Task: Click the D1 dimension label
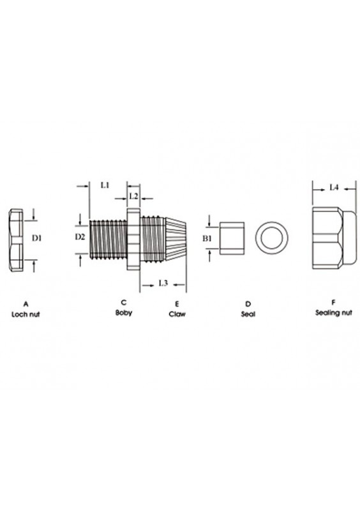coord(37,238)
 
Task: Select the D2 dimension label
coord(79,237)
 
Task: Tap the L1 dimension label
coord(106,185)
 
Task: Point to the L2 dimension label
coord(134,195)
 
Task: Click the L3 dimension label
coord(162,282)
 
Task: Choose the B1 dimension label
coord(207,238)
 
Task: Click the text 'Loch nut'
coord(25,315)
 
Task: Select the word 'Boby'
coord(123,312)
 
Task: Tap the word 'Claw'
coord(177,315)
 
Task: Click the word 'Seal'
coord(247,315)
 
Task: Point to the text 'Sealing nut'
coord(333,314)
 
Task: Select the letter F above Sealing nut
coord(333,302)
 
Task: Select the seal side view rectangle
coord(232,238)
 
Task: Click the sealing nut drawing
coord(333,238)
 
